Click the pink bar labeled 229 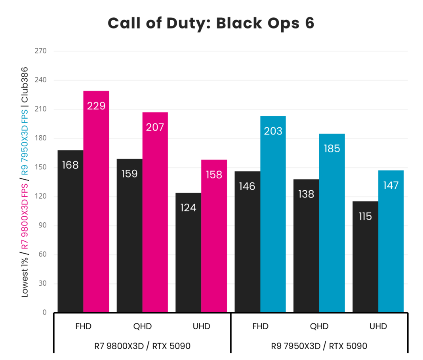point(96,202)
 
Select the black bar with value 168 point(70,231)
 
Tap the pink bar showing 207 point(155,212)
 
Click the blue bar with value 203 point(273,214)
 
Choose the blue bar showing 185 point(332,223)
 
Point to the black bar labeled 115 point(365,257)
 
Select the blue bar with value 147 point(391,241)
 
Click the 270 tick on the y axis point(41,51)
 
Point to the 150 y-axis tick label point(41,167)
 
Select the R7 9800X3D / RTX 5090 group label point(142,346)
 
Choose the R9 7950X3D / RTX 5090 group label point(319,346)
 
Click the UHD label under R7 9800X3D point(201,326)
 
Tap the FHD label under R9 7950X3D point(260,326)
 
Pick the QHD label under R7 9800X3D point(142,326)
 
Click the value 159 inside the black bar point(130,174)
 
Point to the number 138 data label point(306,194)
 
